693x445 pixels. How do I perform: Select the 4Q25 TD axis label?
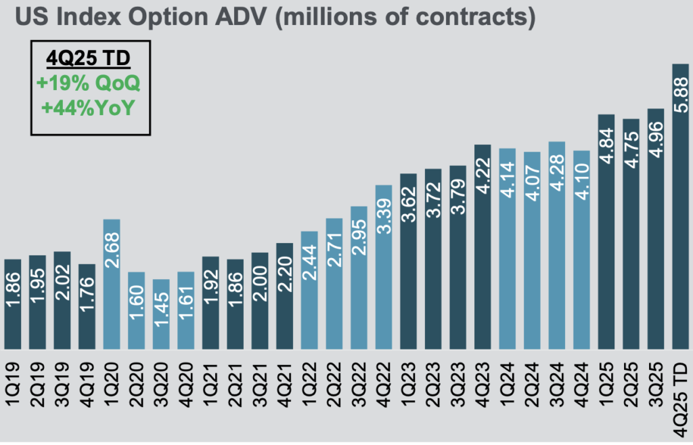point(680,396)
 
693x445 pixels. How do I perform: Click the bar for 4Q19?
point(87,305)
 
